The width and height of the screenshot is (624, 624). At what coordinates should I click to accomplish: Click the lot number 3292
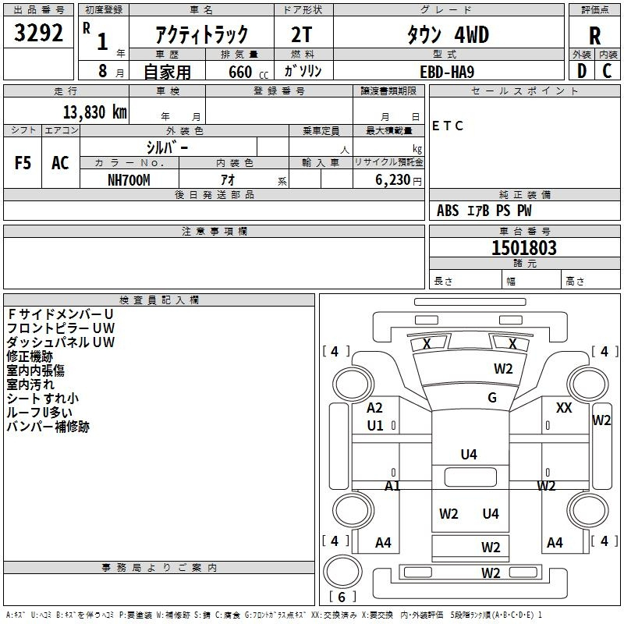[x=38, y=33]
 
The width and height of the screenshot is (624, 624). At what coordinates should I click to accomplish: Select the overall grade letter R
[x=594, y=36]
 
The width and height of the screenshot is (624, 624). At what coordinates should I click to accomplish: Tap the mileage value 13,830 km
[x=95, y=112]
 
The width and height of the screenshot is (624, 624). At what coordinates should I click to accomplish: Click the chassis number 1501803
[x=524, y=247]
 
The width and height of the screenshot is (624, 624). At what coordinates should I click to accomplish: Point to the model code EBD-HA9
[x=447, y=72]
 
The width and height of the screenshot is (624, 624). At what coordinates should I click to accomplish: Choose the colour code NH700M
[x=129, y=180]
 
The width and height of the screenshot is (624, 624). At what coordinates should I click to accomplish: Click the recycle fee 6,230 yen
[x=399, y=180]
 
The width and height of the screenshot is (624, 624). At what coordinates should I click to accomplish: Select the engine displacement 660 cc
[x=248, y=73]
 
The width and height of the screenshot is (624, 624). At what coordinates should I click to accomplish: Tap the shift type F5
[x=23, y=163]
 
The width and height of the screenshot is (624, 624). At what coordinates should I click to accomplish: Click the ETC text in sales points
[x=448, y=126]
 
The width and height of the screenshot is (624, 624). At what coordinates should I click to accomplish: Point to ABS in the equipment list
[x=448, y=211]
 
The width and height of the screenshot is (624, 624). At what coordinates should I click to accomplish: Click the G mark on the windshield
[x=492, y=398]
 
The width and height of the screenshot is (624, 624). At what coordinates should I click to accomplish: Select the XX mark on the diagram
[x=564, y=408]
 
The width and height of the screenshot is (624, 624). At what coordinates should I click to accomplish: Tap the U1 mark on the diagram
[x=375, y=426]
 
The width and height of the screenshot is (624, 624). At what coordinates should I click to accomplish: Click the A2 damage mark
[x=374, y=408]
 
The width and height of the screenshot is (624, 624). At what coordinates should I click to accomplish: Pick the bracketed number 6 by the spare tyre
[x=342, y=597]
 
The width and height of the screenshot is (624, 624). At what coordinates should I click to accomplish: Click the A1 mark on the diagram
[x=392, y=485]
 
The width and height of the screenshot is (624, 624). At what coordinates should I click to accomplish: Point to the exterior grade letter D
[x=582, y=71]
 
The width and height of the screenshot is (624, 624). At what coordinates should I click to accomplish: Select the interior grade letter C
[x=608, y=71]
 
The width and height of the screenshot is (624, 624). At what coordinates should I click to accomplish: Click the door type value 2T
[x=302, y=35]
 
